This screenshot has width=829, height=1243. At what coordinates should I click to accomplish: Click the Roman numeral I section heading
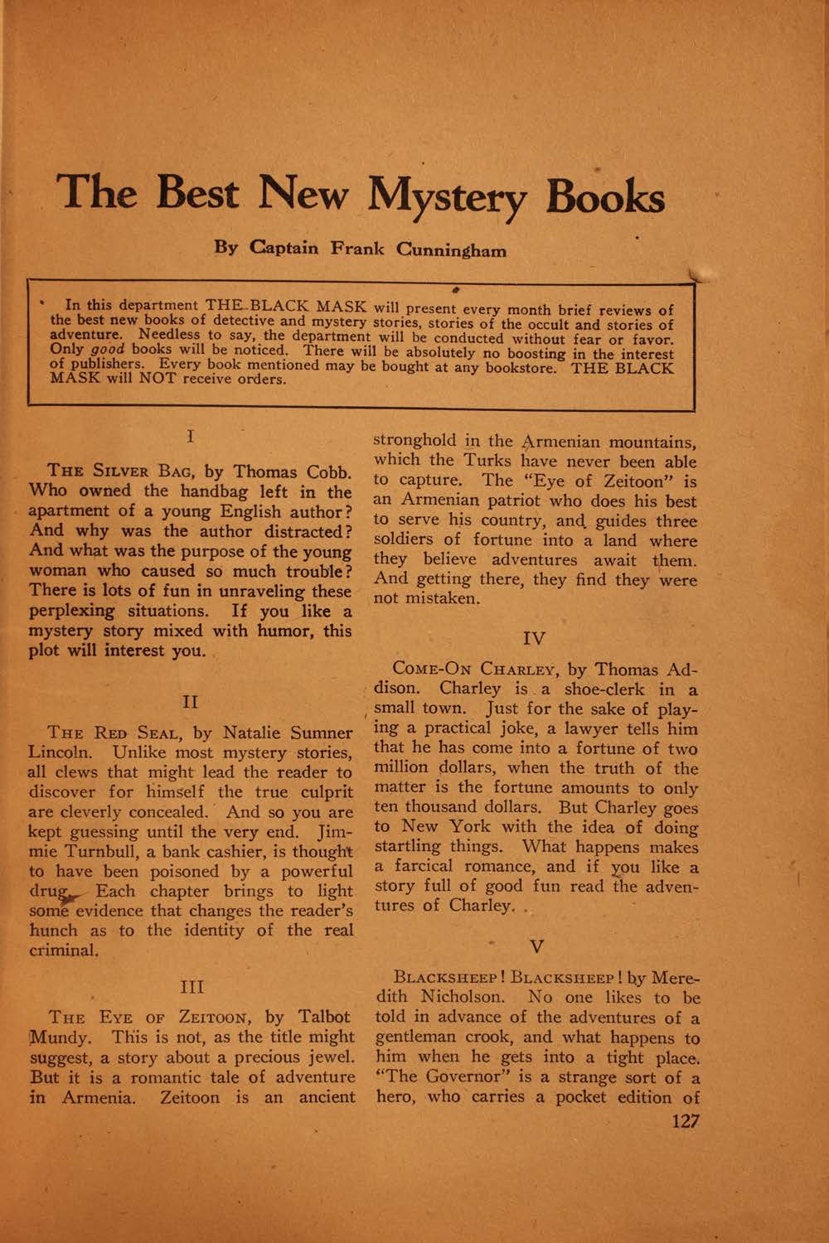191,434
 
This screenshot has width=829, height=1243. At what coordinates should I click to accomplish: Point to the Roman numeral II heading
190,702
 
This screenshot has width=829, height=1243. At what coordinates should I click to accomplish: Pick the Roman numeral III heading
191,987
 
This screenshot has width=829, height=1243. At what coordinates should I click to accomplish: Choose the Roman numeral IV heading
535,638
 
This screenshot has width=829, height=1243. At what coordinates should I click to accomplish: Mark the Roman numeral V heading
535,945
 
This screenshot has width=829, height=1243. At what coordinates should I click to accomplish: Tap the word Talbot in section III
320,1018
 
